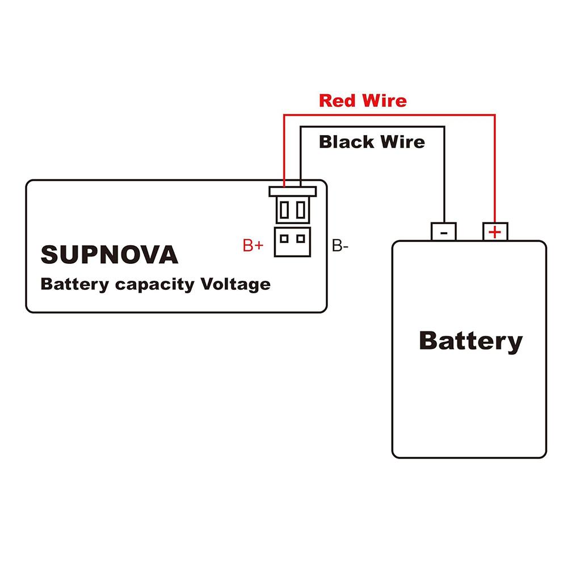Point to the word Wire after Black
pyautogui.click(x=402, y=141)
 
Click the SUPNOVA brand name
pyautogui.click(x=110, y=255)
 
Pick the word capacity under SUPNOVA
pyautogui.click(x=154, y=284)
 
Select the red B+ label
pyautogui.click(x=253, y=246)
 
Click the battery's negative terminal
pyautogui.click(x=444, y=232)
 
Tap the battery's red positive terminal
pyautogui.click(x=495, y=232)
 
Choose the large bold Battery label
pyautogui.click(x=470, y=341)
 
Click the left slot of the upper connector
pyautogui.click(x=285, y=210)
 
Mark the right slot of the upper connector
pyautogui.click(x=301, y=210)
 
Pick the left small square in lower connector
pyautogui.click(x=285, y=238)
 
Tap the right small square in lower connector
pyautogui.click(x=301, y=238)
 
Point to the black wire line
pyautogui.click(x=444, y=170)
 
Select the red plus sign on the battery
pyautogui.click(x=495, y=232)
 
